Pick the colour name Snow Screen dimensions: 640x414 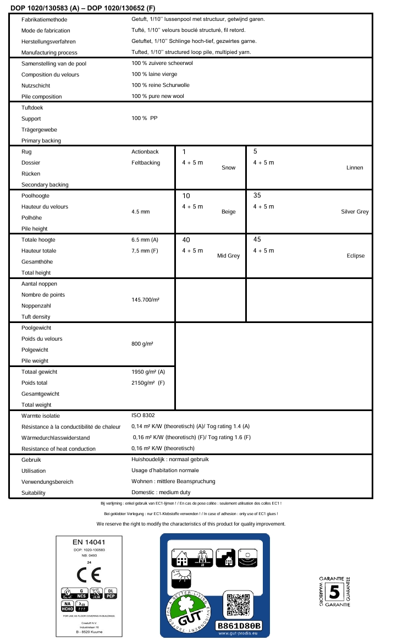[x=228, y=167]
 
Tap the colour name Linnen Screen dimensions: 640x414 [x=355, y=167]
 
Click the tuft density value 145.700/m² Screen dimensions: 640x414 [x=145, y=300]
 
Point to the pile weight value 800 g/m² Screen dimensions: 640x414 [x=142, y=344]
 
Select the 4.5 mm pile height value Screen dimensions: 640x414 [x=141, y=212]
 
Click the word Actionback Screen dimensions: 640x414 [x=145, y=151]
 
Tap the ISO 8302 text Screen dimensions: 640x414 [x=143, y=415]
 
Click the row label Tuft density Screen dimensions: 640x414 [x=36, y=316]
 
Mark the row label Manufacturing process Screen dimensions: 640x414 [x=49, y=52]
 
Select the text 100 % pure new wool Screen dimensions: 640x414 [x=158, y=96]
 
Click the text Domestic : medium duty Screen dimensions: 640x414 [x=161, y=493]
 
